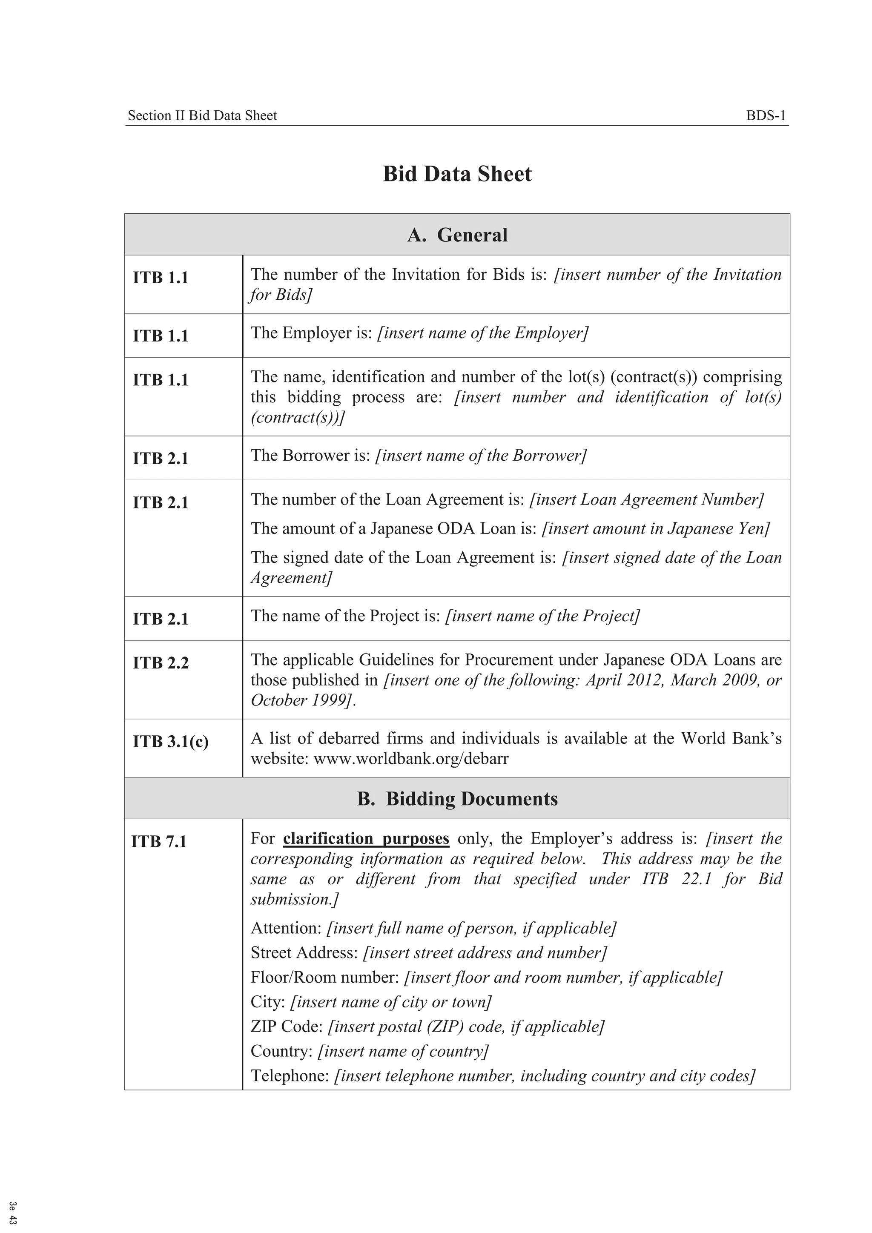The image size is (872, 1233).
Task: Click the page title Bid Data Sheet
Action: pos(457,174)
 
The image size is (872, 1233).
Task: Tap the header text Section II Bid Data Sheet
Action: pos(202,115)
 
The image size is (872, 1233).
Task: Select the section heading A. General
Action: pos(457,235)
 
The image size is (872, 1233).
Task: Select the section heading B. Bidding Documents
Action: pos(457,799)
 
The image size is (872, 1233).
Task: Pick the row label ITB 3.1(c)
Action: pos(170,741)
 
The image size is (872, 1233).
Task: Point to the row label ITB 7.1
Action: pos(159,841)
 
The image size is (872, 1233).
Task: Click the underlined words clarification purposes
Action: pos(366,838)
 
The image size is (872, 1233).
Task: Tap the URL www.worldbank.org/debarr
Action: pos(411,758)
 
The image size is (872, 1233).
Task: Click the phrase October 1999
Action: pos(301,700)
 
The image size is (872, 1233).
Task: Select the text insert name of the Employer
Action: pos(483,333)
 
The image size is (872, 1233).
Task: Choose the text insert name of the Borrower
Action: pos(481,456)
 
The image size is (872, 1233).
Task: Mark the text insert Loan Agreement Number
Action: pos(646,499)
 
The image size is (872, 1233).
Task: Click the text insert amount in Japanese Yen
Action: pos(656,528)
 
